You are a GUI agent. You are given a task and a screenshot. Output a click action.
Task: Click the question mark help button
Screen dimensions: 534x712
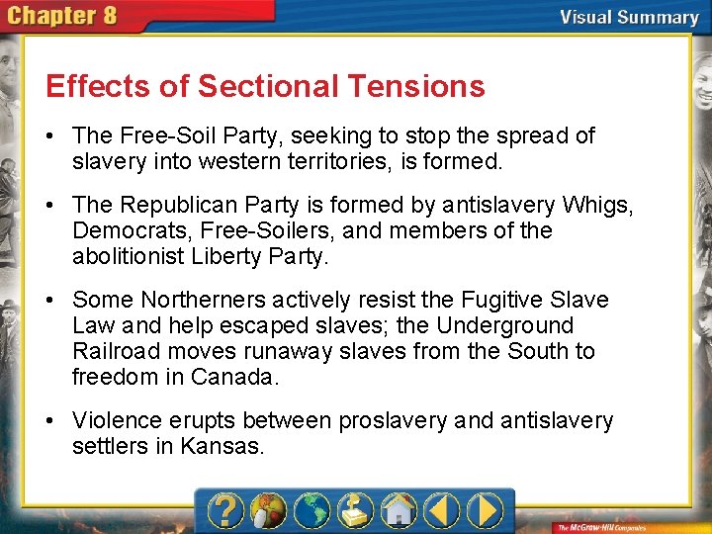(x=226, y=510)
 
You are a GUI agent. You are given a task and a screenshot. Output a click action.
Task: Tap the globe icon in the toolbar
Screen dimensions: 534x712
(x=311, y=510)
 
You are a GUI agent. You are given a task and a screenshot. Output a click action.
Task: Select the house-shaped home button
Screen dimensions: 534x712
(x=399, y=510)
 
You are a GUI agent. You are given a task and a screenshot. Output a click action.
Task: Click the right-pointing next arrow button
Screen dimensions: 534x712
(x=486, y=510)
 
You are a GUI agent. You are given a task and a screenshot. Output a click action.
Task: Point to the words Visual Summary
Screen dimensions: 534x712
(x=628, y=17)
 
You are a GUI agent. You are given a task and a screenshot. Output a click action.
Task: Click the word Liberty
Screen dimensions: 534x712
(x=254, y=256)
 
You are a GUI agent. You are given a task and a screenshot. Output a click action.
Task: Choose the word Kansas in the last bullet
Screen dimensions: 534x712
(x=222, y=446)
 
